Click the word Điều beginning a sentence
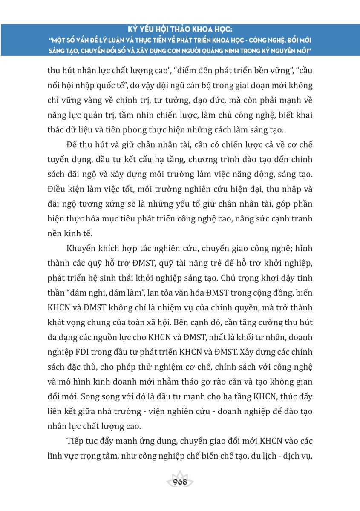(x=57, y=189)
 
